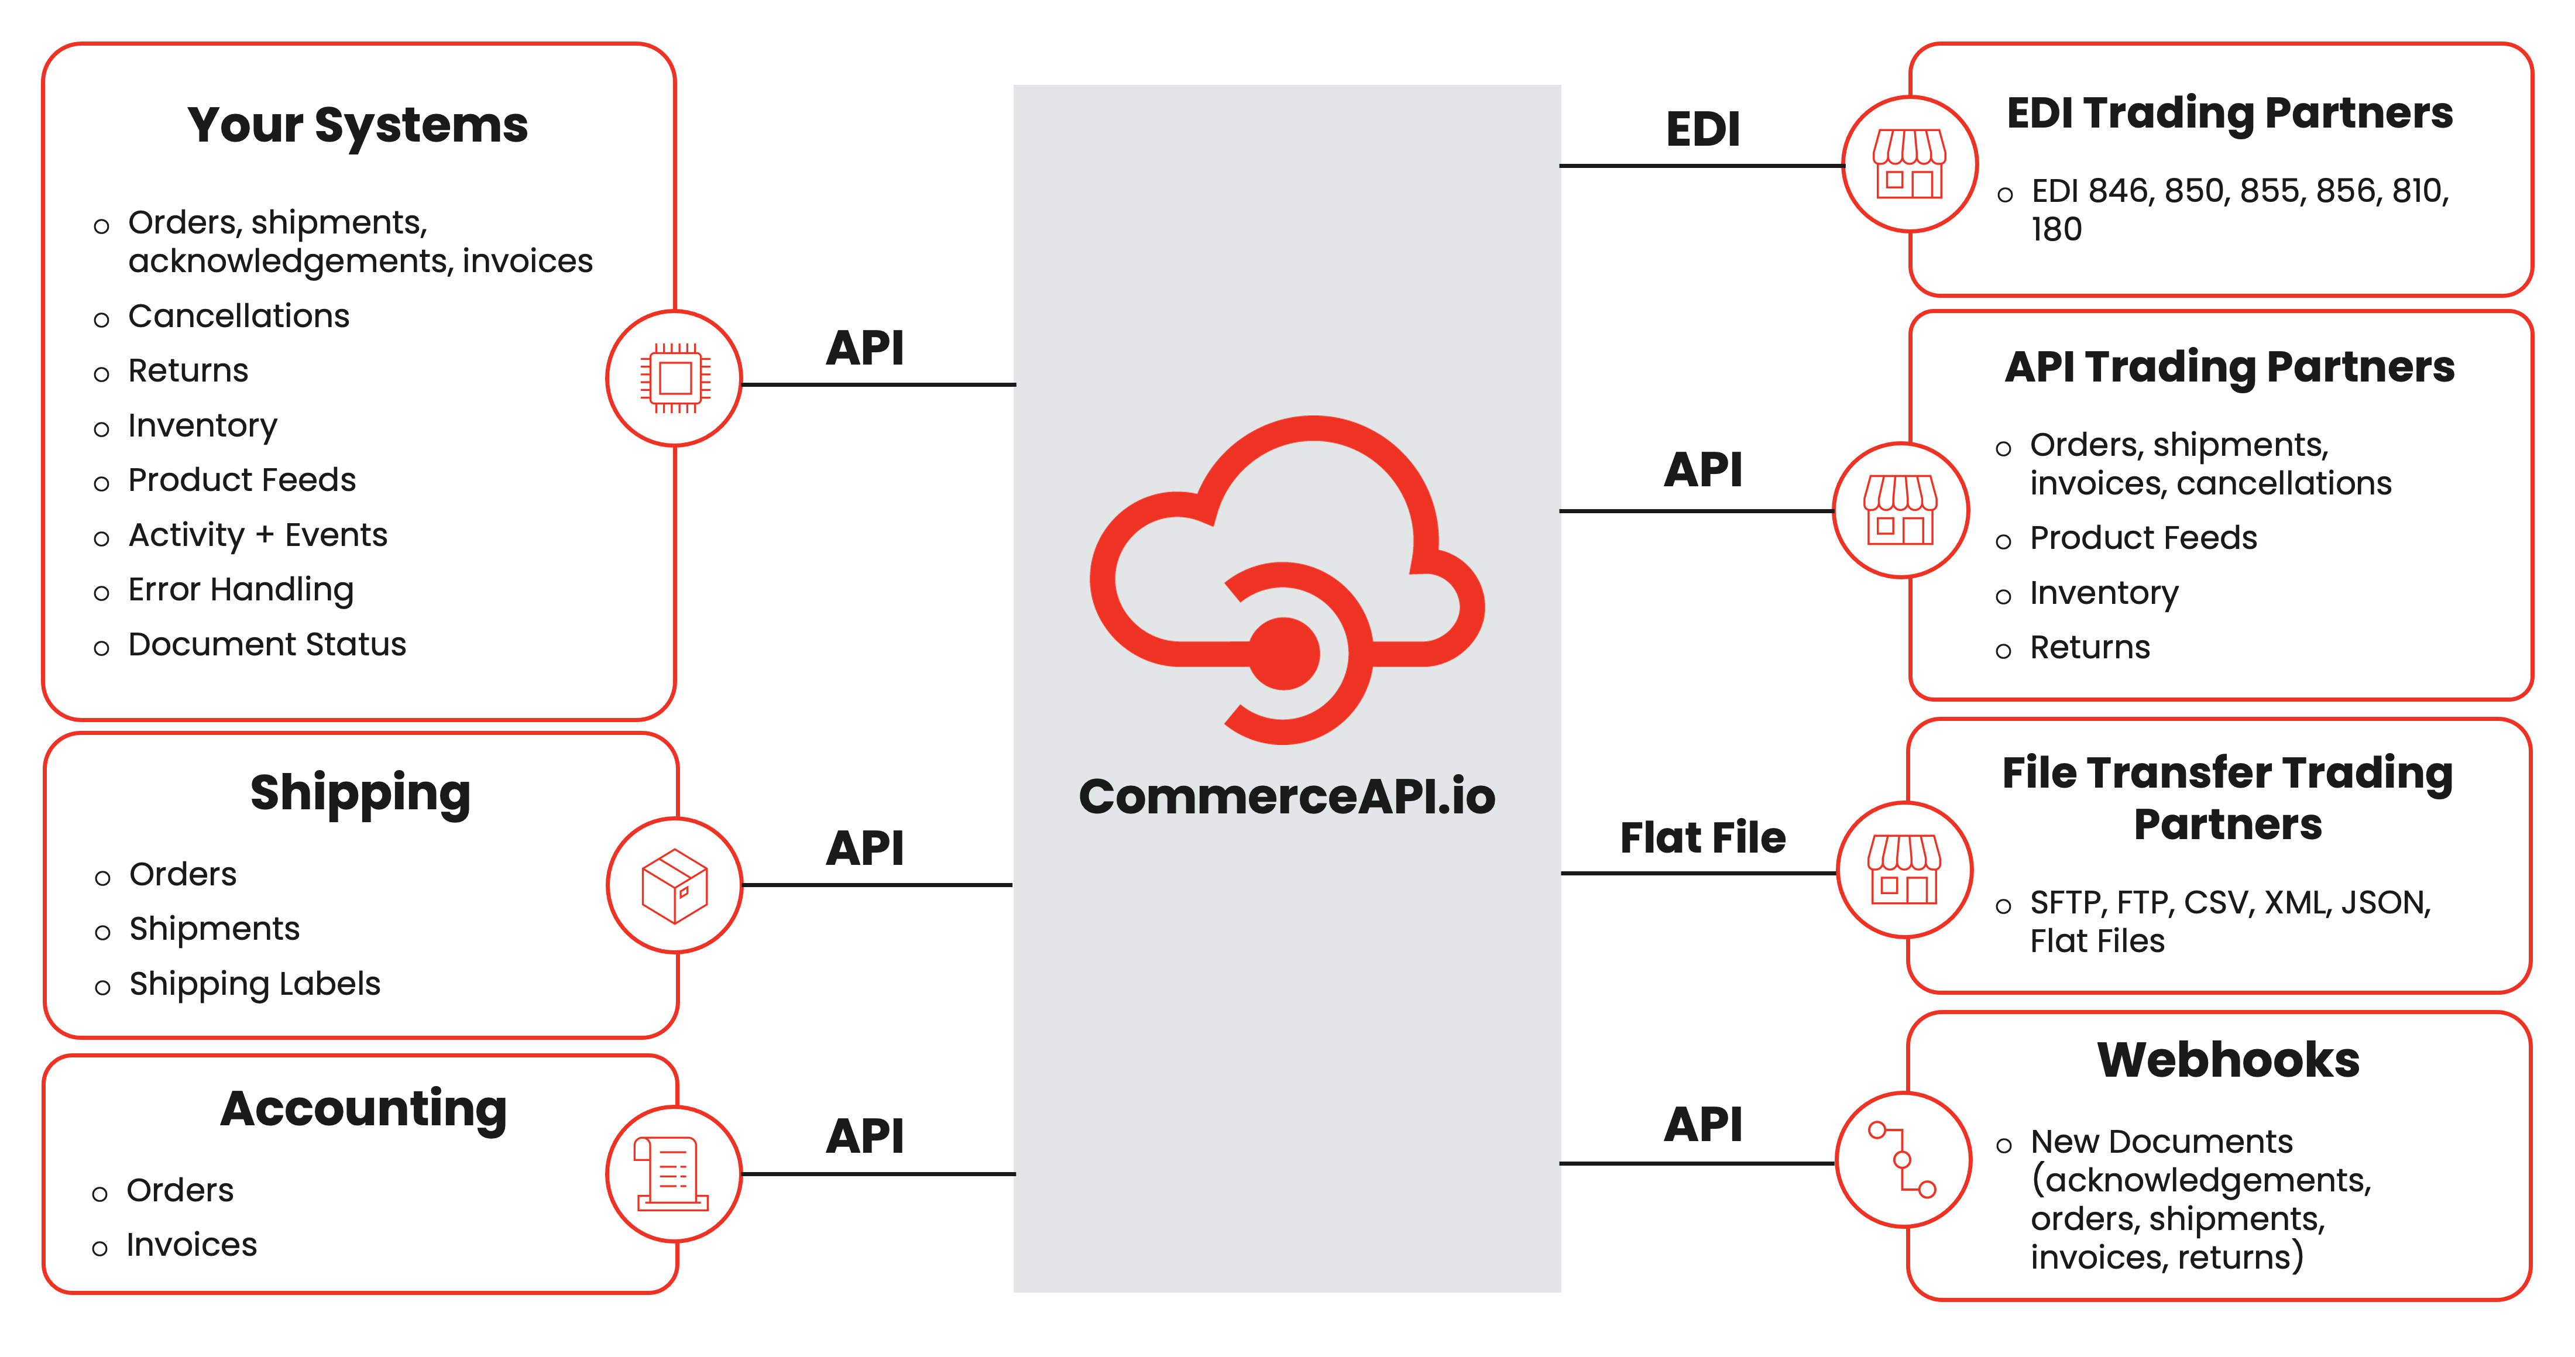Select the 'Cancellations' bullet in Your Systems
tap(239, 316)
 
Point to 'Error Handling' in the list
tap(241, 590)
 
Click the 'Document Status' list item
tap(267, 644)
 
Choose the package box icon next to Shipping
tap(675, 885)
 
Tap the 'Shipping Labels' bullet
tap(255, 984)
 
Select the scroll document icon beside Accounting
tap(673, 1173)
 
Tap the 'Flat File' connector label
tap(1702, 837)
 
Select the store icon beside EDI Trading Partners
tap(1909, 165)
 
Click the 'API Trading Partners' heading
tap(2229, 367)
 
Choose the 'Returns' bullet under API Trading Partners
tap(2089, 648)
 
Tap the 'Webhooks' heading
tap(2228, 1060)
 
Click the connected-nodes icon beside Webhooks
tap(1903, 1159)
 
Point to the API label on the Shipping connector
tap(864, 848)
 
